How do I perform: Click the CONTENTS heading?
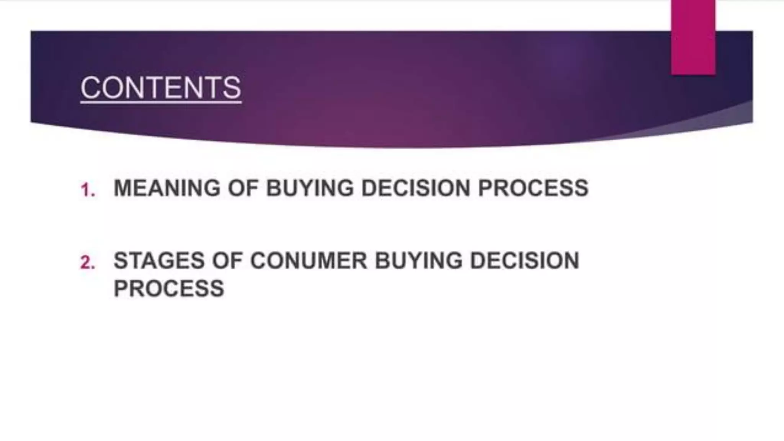[x=161, y=88]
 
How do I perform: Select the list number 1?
[x=88, y=190]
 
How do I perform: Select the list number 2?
[x=88, y=263]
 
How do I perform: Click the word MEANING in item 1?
[x=167, y=188]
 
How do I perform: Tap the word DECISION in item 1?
[x=416, y=188]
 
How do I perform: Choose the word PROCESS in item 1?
[x=533, y=188]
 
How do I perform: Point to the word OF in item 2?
[x=227, y=261]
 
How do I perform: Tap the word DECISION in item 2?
[x=524, y=261]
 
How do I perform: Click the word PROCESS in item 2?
[x=169, y=288]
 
